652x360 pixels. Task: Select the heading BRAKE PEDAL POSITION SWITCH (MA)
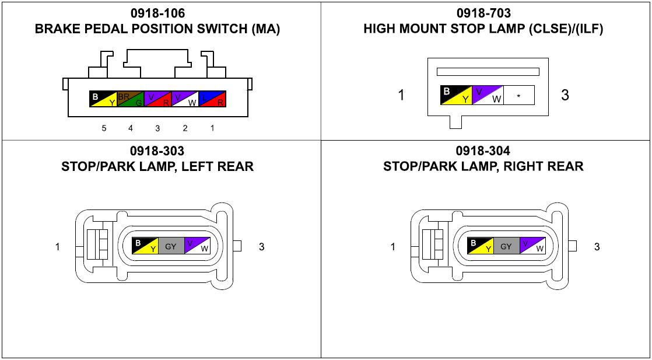157,29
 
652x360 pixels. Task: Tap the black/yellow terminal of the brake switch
103,99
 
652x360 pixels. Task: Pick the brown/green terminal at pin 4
131,99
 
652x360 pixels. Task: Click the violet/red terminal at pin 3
157,99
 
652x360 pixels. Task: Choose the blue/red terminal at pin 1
212,99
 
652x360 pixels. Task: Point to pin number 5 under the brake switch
104,128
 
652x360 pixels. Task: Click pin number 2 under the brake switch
185,128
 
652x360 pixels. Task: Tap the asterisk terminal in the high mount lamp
518,96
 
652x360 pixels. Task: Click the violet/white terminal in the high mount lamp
488,96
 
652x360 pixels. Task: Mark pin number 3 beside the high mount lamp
565,95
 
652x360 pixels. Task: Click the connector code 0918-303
157,152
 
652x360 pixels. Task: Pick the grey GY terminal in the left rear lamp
170,246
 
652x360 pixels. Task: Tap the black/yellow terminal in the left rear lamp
145,246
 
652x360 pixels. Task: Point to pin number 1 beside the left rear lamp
58,247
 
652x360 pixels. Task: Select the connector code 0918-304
483,152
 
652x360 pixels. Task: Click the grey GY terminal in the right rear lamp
506,246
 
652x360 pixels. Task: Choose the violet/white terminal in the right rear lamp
532,246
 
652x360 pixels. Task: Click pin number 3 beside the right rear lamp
597,247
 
